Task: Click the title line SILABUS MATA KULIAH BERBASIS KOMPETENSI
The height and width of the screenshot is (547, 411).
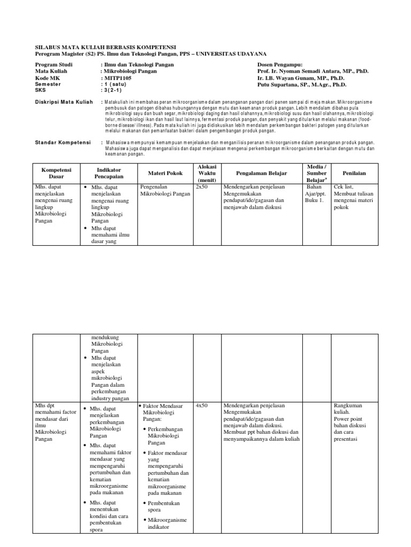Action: (x=105, y=47)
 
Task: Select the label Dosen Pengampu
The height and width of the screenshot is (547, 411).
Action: (x=280, y=64)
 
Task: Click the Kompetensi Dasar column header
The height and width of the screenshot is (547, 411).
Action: (x=52, y=172)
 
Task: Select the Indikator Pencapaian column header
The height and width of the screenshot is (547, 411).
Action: (x=109, y=172)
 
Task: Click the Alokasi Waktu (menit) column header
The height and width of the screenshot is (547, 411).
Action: (x=207, y=173)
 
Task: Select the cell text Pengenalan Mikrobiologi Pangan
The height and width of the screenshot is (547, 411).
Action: (x=165, y=191)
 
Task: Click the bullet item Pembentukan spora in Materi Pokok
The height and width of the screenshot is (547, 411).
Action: (x=165, y=506)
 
